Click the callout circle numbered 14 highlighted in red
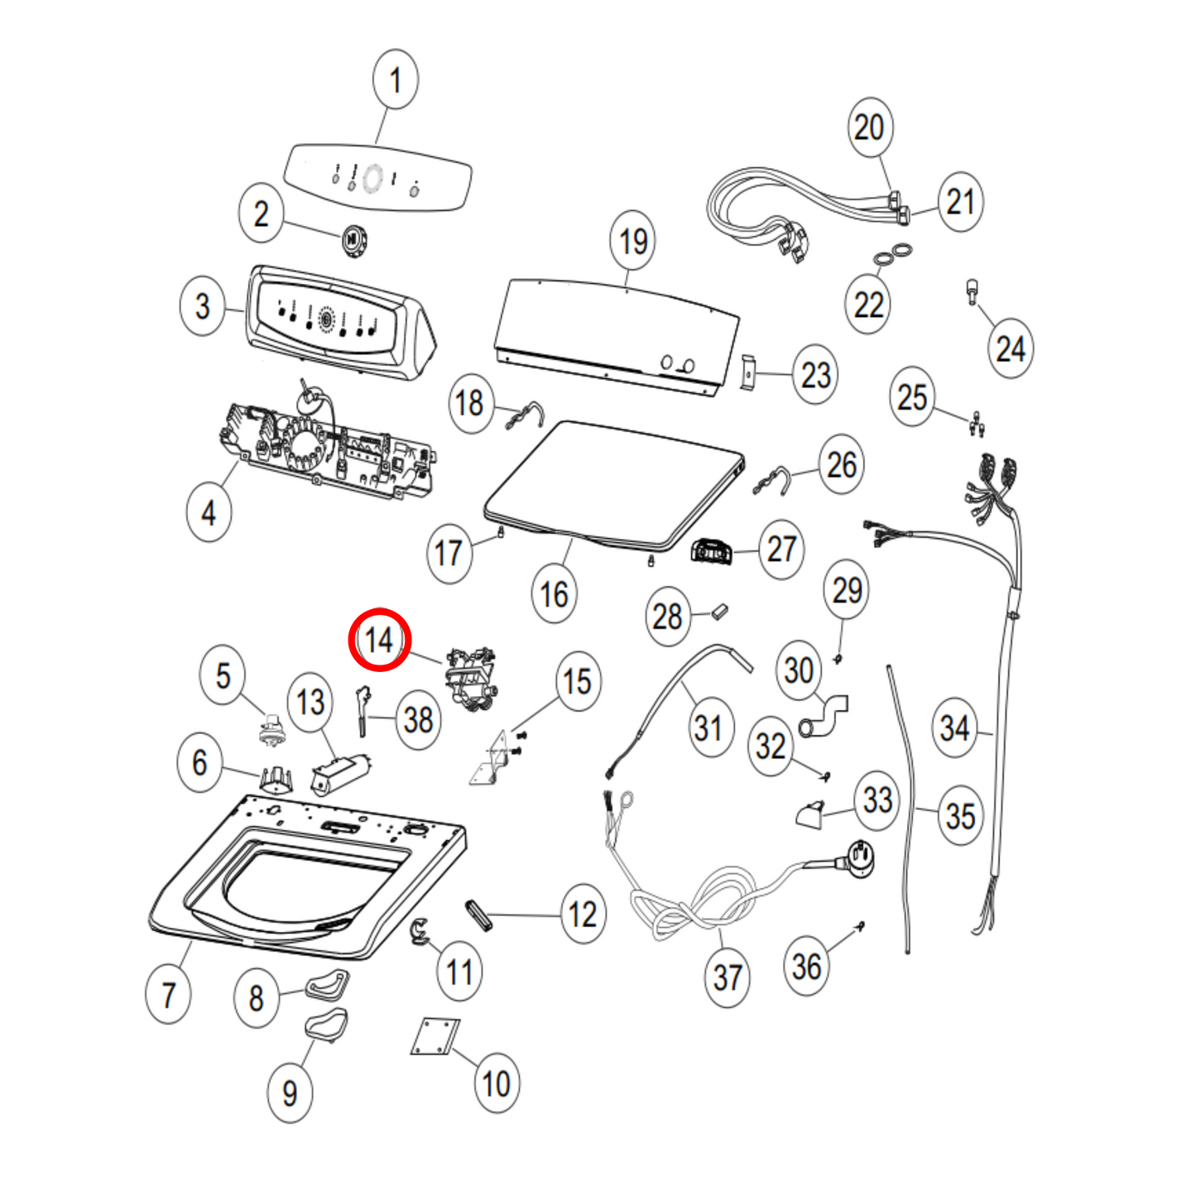click(x=380, y=640)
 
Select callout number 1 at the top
click(x=395, y=79)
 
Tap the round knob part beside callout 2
click(x=353, y=239)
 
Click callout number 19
click(x=633, y=241)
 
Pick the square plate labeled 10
click(x=435, y=1037)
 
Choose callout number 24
click(x=1011, y=348)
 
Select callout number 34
click(x=954, y=728)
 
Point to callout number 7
click(x=169, y=994)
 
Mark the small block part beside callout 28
click(x=719, y=612)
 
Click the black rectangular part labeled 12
click(x=479, y=915)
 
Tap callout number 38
click(x=418, y=719)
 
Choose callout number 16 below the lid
click(x=554, y=593)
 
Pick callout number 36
click(x=806, y=966)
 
